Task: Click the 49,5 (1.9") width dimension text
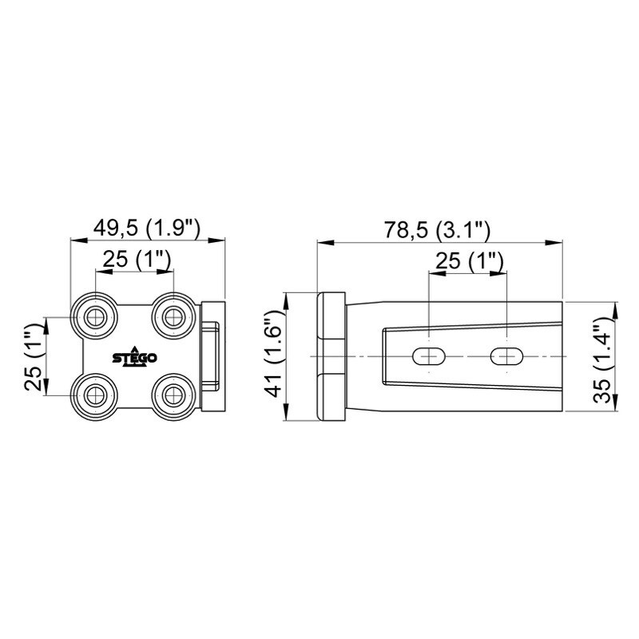(147, 228)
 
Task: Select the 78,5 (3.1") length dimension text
(437, 231)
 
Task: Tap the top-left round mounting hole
(95, 317)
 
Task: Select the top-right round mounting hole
(173, 317)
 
